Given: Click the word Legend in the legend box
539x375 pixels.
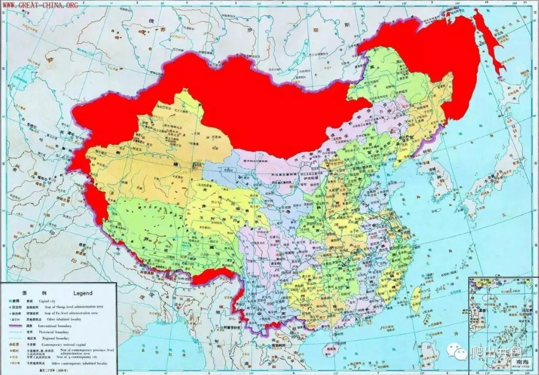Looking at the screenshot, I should [x=83, y=293].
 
